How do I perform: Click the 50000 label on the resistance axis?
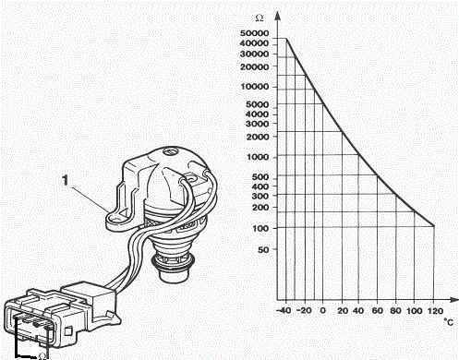coord(254,33)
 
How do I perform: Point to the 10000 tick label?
coord(255,87)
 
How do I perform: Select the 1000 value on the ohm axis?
coord(258,157)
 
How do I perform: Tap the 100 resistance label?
coord(260,229)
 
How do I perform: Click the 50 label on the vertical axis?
coord(263,249)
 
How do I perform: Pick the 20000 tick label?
coord(254,66)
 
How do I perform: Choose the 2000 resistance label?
coord(258,137)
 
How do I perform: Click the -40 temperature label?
coord(284,310)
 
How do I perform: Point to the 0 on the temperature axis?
coord(322,310)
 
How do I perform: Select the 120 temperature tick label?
coord(435,311)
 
